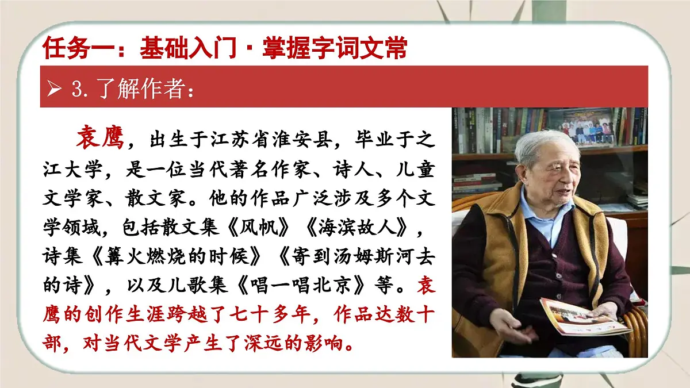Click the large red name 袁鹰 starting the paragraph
pos(100,138)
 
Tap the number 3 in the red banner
pos(76,90)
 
